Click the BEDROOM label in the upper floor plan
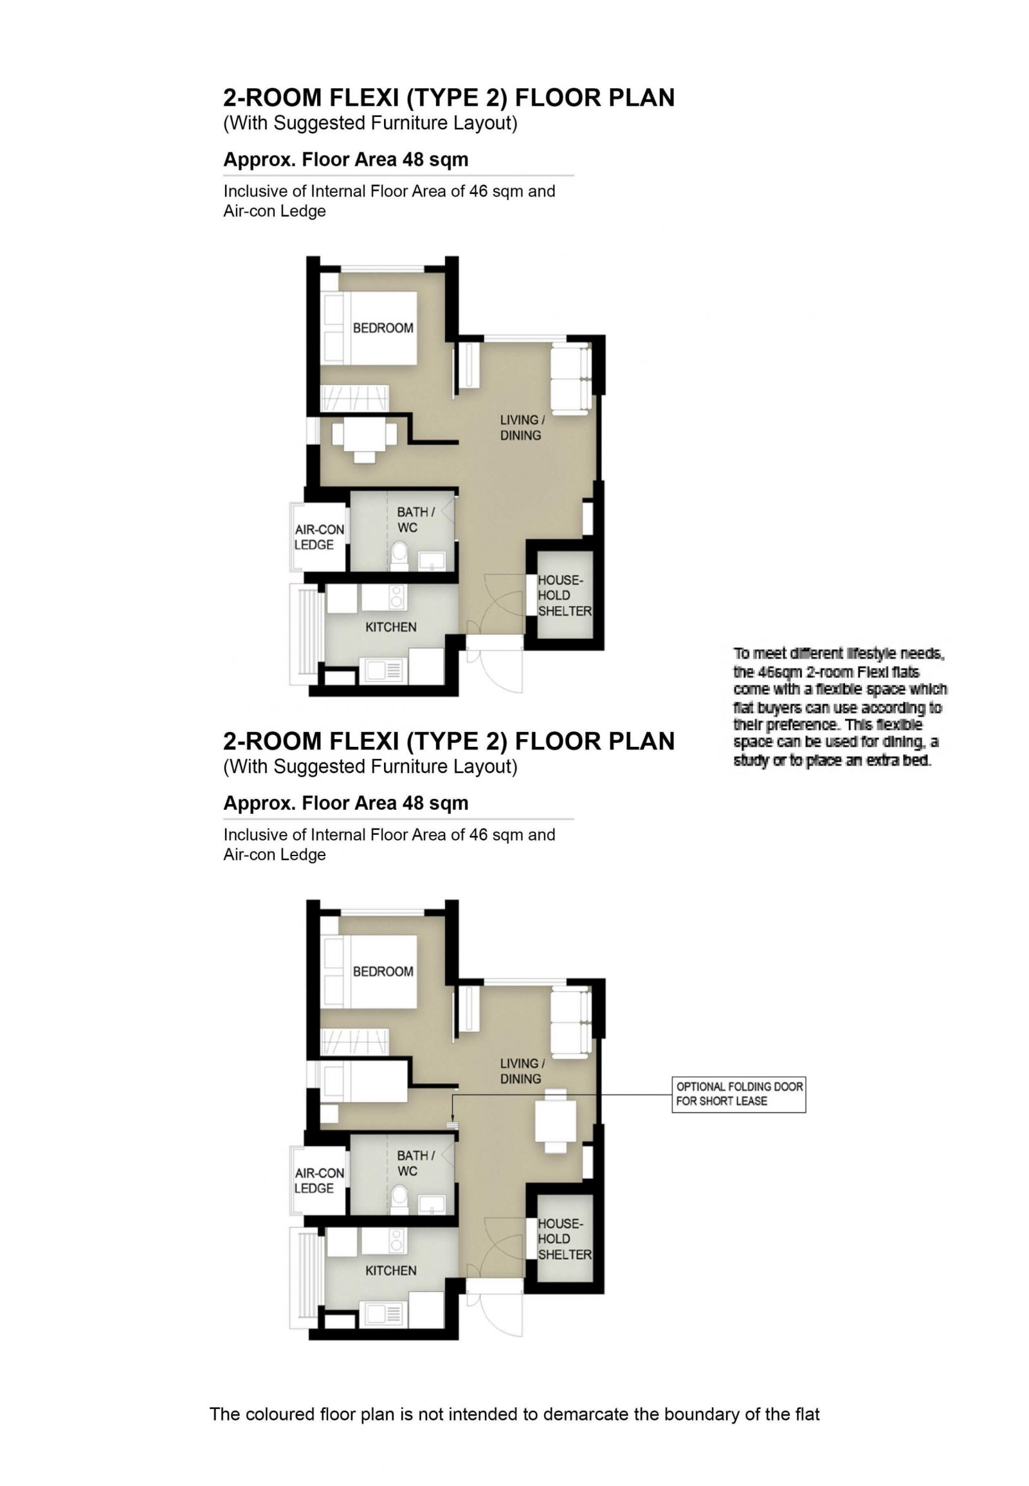click(x=383, y=328)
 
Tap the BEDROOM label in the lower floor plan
click(x=383, y=972)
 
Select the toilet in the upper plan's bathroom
click(x=399, y=554)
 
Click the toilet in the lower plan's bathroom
click(x=399, y=1198)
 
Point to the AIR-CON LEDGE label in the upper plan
click(x=319, y=537)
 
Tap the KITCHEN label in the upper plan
click(x=391, y=627)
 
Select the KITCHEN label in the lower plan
click(x=391, y=1271)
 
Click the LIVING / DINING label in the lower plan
click(x=521, y=1071)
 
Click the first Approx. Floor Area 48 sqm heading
click(x=345, y=159)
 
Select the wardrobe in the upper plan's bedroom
click(x=354, y=398)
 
